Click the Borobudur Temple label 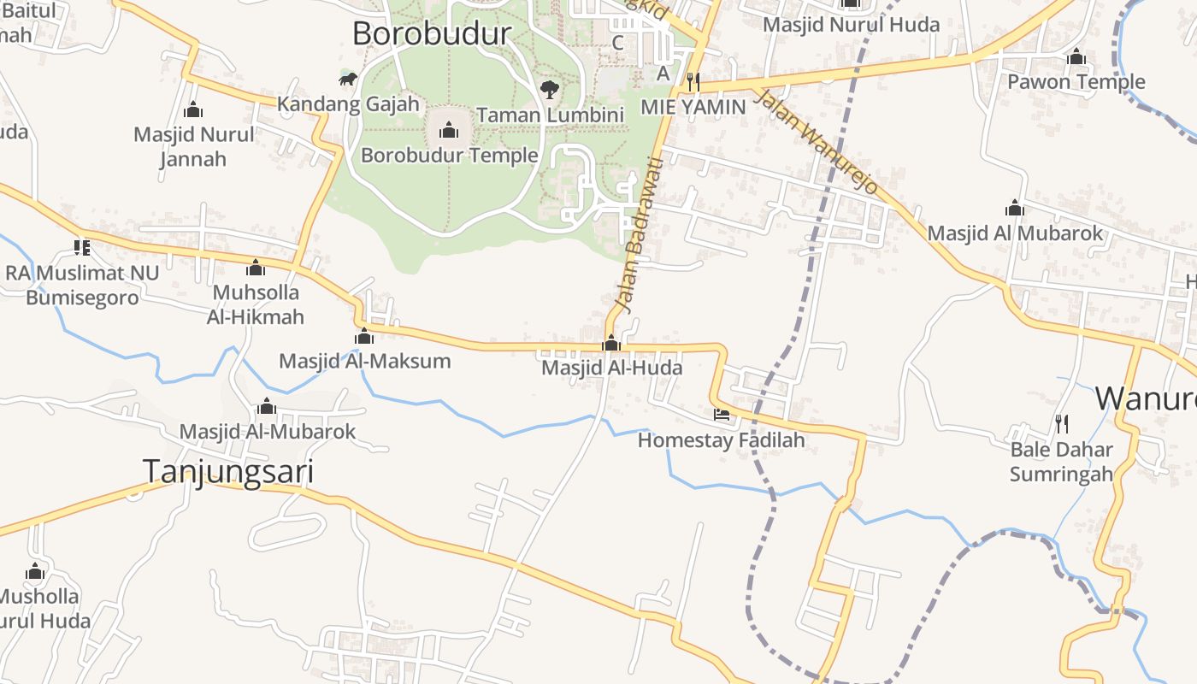[449, 156]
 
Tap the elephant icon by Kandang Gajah [347, 80]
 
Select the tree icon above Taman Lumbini [550, 89]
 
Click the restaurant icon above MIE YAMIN [693, 81]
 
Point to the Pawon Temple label [1076, 82]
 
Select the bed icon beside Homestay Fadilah [722, 416]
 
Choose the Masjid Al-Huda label [611, 369]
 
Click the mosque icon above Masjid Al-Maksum [364, 336]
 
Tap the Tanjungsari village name [227, 471]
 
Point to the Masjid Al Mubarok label [1015, 233]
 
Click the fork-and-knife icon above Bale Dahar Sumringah [1061, 423]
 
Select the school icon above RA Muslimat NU [82, 248]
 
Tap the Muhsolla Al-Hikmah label [255, 304]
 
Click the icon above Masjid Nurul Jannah [193, 110]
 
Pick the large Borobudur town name [432, 33]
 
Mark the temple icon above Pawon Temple [1076, 57]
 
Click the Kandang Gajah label [348, 104]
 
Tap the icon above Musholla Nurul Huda [35, 571]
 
